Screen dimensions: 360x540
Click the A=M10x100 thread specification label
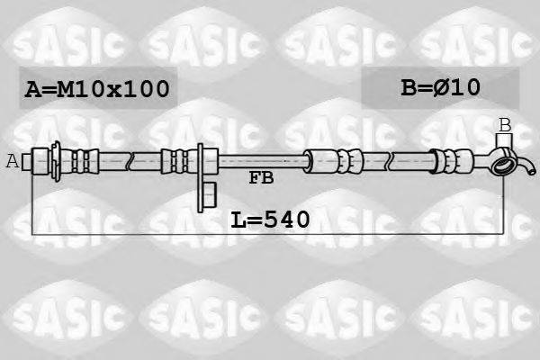(96, 89)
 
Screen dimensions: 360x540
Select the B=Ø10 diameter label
(440, 87)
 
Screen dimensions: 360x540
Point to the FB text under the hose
(261, 178)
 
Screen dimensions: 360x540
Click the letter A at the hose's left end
(12, 162)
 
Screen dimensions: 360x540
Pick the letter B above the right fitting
(505, 124)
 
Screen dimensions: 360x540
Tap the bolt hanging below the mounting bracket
(210, 191)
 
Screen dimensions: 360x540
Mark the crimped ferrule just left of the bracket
(176, 161)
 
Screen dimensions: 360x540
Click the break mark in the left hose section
(131, 161)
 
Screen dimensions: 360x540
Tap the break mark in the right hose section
(389, 162)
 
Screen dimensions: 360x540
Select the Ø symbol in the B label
(445, 87)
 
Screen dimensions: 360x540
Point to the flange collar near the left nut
(59, 161)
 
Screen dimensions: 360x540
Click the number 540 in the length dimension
(285, 218)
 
